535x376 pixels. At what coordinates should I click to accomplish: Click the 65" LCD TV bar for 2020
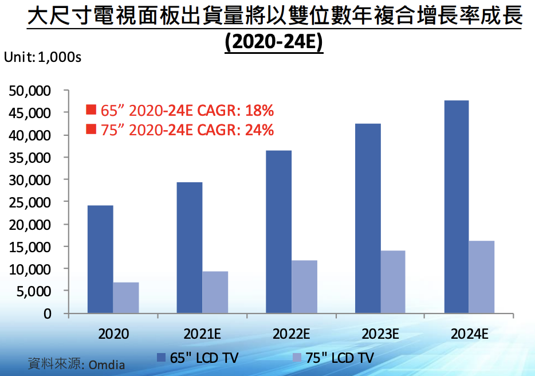coord(100,259)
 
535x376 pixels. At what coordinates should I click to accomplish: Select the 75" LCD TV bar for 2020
coord(126,297)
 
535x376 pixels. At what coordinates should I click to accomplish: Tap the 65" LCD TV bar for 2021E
coord(190,248)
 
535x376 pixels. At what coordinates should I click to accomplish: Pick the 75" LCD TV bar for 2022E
coord(304,287)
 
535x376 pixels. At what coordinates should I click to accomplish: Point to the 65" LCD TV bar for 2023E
coord(368,218)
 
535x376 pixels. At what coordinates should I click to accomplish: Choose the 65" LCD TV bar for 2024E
coord(457,207)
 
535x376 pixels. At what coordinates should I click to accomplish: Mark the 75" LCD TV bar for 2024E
coord(482,277)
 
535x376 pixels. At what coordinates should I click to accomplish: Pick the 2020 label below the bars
coord(113,334)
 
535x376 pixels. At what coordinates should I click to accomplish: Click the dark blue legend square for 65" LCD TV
coord(162,358)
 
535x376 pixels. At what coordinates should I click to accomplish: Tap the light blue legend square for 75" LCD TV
coord(297,358)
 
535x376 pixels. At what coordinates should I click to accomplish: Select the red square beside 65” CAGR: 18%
coord(91,110)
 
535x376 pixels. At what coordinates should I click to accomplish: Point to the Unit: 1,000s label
coord(42,57)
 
